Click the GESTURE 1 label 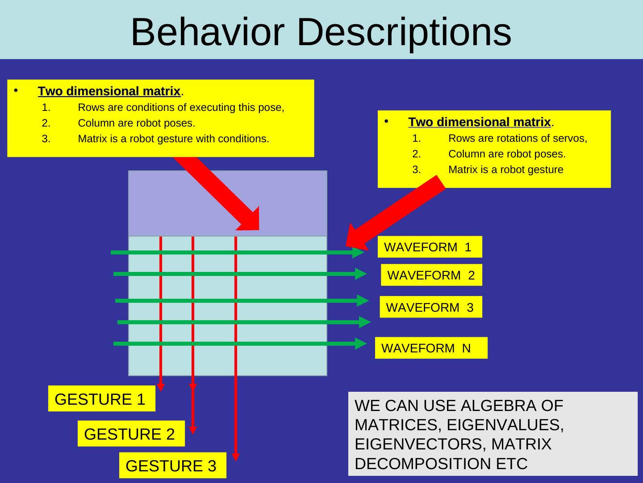point(101,399)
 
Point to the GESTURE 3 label point(172,466)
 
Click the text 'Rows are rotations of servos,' point(518,138)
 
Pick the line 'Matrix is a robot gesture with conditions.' point(173,139)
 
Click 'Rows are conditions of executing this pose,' point(181,107)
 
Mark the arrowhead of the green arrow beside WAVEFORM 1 point(359,252)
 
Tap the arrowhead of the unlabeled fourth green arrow point(365,322)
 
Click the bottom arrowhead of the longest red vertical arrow point(236,457)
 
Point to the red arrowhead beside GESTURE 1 point(161,387)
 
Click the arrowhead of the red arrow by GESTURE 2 point(192,430)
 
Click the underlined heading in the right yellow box point(480,122)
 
